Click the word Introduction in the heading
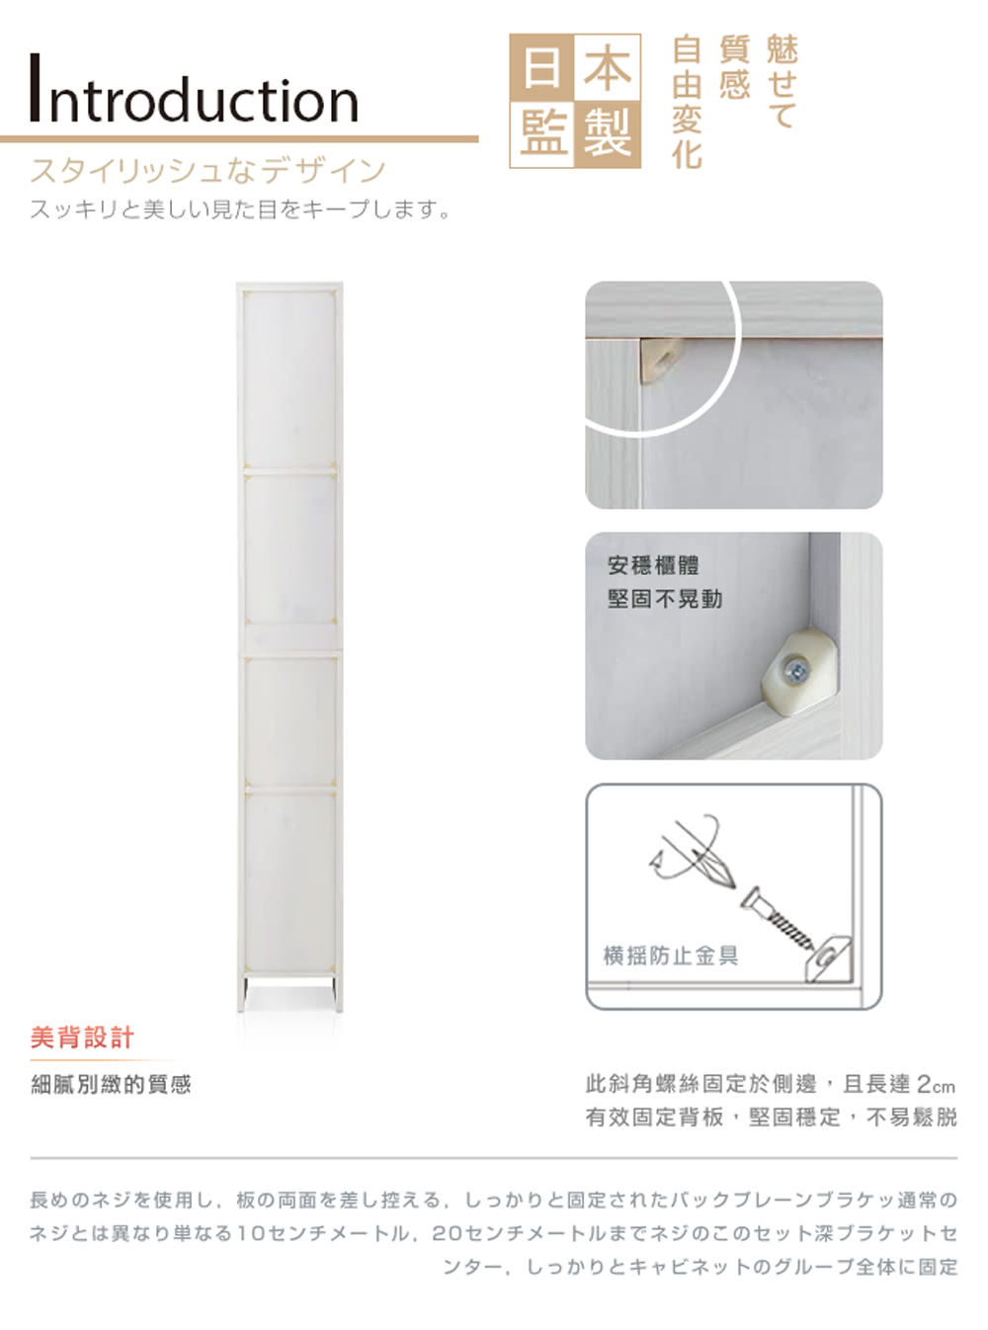[195, 90]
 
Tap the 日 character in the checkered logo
[542, 68]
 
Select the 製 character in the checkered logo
[608, 133]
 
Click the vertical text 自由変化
[687, 102]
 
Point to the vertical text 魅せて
[782, 82]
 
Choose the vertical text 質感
[734, 67]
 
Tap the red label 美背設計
[82, 1038]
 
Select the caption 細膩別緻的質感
[111, 1085]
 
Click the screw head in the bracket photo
[796, 672]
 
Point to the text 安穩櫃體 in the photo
[653, 566]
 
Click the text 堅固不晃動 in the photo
[664, 599]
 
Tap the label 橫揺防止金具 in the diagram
[670, 956]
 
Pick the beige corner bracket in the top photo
[661, 360]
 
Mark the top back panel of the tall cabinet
[288, 379]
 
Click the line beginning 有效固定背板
[771, 1118]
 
